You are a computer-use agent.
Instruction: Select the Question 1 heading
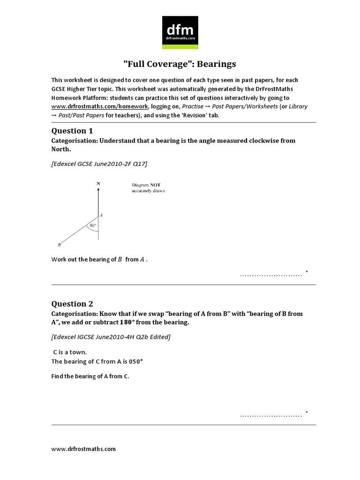coord(69,131)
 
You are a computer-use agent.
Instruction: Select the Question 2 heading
coord(69,304)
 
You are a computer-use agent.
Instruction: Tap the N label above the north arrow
coord(98,184)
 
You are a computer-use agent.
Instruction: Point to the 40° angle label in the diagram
coord(92,225)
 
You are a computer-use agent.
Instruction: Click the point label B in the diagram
coord(59,245)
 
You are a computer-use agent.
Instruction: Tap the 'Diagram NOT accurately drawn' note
coord(148,187)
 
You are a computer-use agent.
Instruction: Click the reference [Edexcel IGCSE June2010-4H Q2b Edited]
coord(111,337)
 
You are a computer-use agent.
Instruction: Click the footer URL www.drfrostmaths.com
coord(83,449)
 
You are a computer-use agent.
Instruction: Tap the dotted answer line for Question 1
coord(270,275)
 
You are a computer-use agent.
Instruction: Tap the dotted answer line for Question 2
coord(270,415)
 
